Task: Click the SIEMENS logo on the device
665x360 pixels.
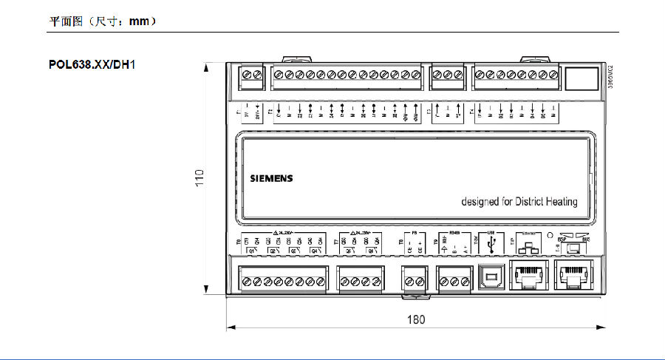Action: click(270, 178)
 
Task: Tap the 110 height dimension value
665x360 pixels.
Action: click(199, 177)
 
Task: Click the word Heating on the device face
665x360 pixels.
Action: click(556, 202)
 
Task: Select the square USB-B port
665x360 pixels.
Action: click(491, 276)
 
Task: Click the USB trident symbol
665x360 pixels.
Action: click(491, 242)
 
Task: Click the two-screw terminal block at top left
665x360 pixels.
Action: click(252, 75)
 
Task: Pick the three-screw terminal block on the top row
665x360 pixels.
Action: click(448, 75)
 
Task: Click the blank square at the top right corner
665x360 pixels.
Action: click(580, 78)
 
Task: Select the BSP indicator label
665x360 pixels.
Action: click(562, 240)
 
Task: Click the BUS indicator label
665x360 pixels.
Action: click(586, 240)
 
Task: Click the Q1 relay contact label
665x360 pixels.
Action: click(252, 251)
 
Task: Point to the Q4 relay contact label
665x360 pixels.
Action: click(316, 251)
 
